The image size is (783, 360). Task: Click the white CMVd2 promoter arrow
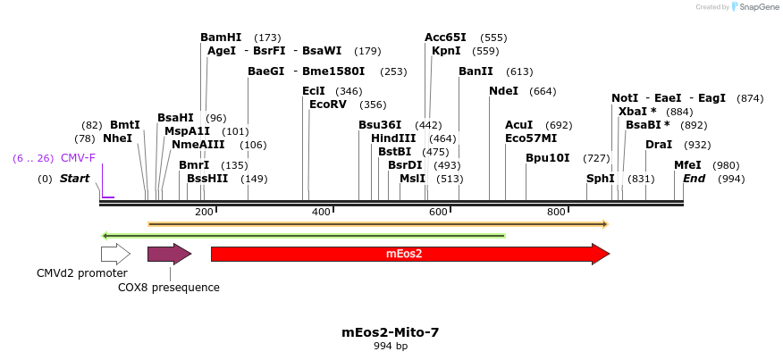pyautogui.click(x=115, y=254)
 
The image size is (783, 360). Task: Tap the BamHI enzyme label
pyautogui.click(x=221, y=38)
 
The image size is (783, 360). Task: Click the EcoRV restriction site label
pyautogui.click(x=327, y=105)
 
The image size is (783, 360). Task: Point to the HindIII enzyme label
pyautogui.click(x=393, y=138)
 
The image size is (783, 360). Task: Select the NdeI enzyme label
pyautogui.click(x=503, y=91)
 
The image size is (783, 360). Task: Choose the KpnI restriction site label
pyautogui.click(x=446, y=51)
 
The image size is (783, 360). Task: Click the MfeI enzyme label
pyautogui.click(x=687, y=165)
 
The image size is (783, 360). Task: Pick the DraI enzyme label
pyautogui.click(x=659, y=145)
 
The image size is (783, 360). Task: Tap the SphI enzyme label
pyautogui.click(x=600, y=179)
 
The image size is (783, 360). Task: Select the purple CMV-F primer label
pyautogui.click(x=78, y=158)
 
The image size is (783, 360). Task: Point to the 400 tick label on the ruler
pyautogui.click(x=321, y=212)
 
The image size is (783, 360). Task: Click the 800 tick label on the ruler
pyautogui.click(x=556, y=212)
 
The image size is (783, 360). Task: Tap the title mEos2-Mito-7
pyautogui.click(x=391, y=332)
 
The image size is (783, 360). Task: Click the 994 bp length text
pyautogui.click(x=391, y=346)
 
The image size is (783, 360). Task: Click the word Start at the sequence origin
pyautogui.click(x=74, y=179)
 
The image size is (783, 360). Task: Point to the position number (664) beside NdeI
pyautogui.click(x=543, y=91)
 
